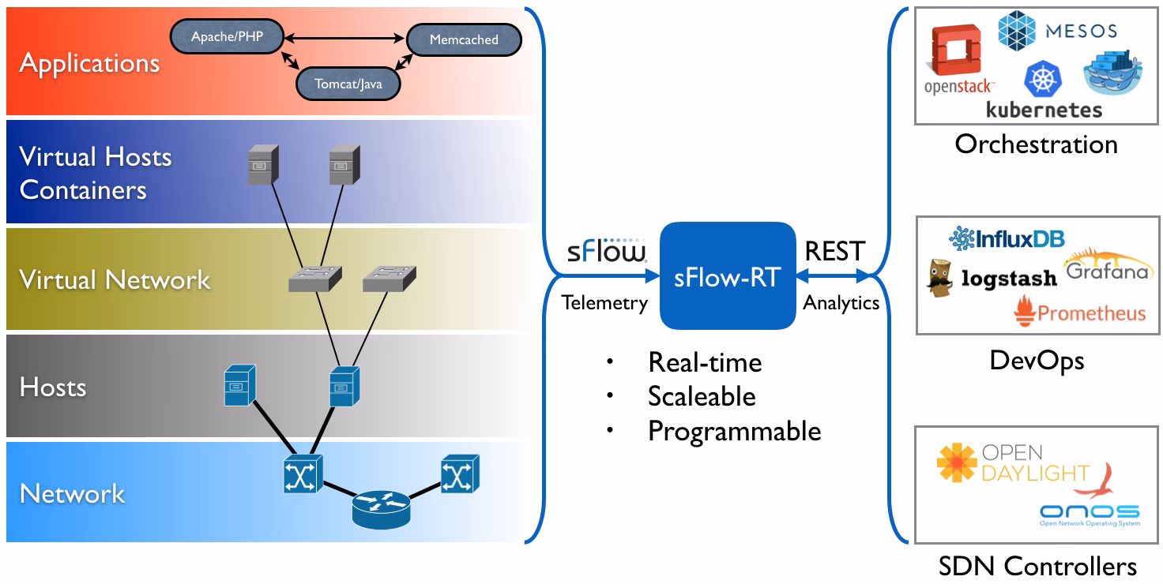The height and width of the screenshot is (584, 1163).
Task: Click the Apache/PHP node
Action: tap(227, 36)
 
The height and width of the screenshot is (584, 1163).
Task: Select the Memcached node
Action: tap(464, 39)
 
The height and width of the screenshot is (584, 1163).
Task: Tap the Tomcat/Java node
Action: tap(348, 84)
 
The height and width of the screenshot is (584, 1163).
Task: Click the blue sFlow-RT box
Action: tap(728, 276)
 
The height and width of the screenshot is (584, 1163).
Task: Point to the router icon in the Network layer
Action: tap(381, 510)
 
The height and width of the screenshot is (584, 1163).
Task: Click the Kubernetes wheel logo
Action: tap(1043, 80)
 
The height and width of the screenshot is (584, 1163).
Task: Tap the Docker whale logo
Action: tap(1112, 72)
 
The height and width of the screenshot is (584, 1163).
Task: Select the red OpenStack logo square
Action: tap(956, 50)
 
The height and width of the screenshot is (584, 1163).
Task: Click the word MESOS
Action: tap(1081, 31)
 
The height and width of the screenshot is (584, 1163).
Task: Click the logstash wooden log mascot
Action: tap(939, 278)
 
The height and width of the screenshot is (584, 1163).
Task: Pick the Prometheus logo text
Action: tap(1091, 313)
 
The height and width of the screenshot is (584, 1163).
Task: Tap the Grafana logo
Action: tap(1107, 265)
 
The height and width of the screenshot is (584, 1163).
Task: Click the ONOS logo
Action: tap(1090, 515)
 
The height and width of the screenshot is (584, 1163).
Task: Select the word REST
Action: tap(835, 252)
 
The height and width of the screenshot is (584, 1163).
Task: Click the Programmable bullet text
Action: tap(735, 431)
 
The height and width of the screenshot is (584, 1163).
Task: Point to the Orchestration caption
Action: tap(1037, 144)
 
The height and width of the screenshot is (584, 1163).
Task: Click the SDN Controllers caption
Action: tap(1037, 566)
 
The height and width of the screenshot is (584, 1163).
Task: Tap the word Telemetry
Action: tap(605, 303)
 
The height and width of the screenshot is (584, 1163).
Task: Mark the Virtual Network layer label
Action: tap(115, 280)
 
